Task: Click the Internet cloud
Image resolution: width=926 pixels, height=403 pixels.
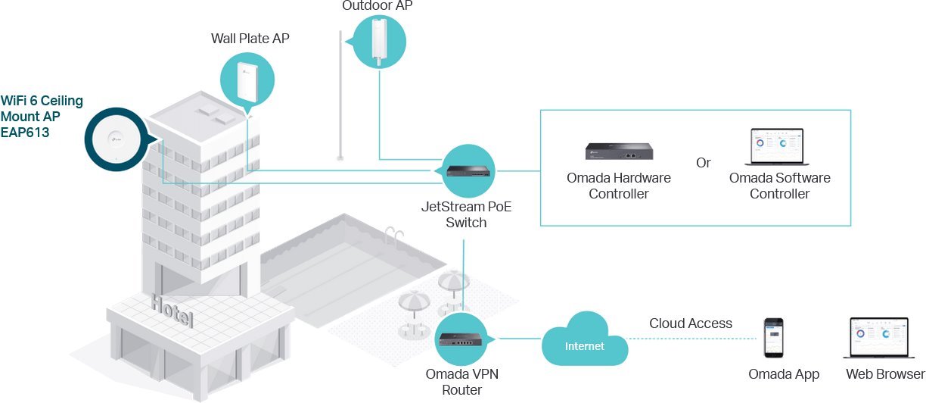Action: (586, 346)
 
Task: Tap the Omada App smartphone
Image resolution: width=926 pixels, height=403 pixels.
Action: (773, 339)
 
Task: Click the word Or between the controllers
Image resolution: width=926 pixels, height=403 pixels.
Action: (704, 163)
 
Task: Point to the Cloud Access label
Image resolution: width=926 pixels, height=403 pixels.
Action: (690, 323)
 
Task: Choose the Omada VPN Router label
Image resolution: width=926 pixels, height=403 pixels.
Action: (462, 382)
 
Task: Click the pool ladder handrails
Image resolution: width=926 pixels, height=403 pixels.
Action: (393, 234)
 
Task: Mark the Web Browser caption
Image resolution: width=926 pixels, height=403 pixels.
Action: (885, 374)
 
